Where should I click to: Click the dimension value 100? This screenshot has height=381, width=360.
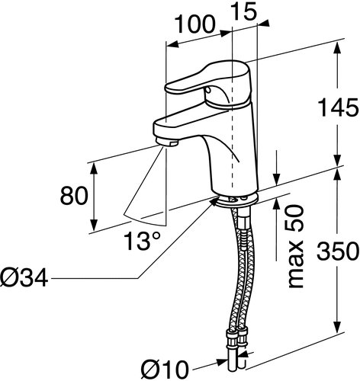[196, 24]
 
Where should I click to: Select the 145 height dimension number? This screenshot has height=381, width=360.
[339, 107]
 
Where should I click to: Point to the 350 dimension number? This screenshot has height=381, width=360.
[339, 251]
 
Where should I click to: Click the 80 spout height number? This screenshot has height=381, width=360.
[74, 195]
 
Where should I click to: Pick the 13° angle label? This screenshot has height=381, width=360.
[143, 241]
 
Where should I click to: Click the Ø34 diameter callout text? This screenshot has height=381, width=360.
[24, 277]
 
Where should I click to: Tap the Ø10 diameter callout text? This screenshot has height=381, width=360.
[165, 370]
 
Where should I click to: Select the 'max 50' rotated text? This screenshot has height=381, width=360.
[297, 246]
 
